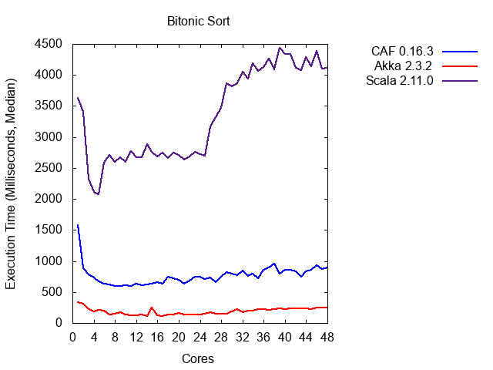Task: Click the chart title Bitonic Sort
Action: pos(199,21)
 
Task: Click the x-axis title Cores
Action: pos(198,358)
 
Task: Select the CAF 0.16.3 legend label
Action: pos(402,52)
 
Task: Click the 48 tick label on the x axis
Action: pos(327,337)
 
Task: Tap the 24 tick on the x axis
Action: pos(200,337)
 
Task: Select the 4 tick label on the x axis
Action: pos(94,337)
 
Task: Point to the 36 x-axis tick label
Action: pos(263,337)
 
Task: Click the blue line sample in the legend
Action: pos(460,52)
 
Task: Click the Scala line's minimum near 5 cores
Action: pos(99,194)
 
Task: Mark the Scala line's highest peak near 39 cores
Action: pos(280,48)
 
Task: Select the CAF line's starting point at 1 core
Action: pos(78,225)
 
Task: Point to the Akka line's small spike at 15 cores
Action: pos(152,307)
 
